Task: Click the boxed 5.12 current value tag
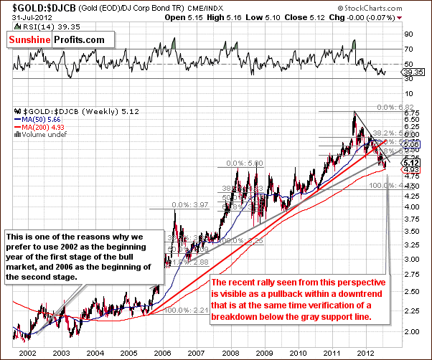point(408,162)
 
